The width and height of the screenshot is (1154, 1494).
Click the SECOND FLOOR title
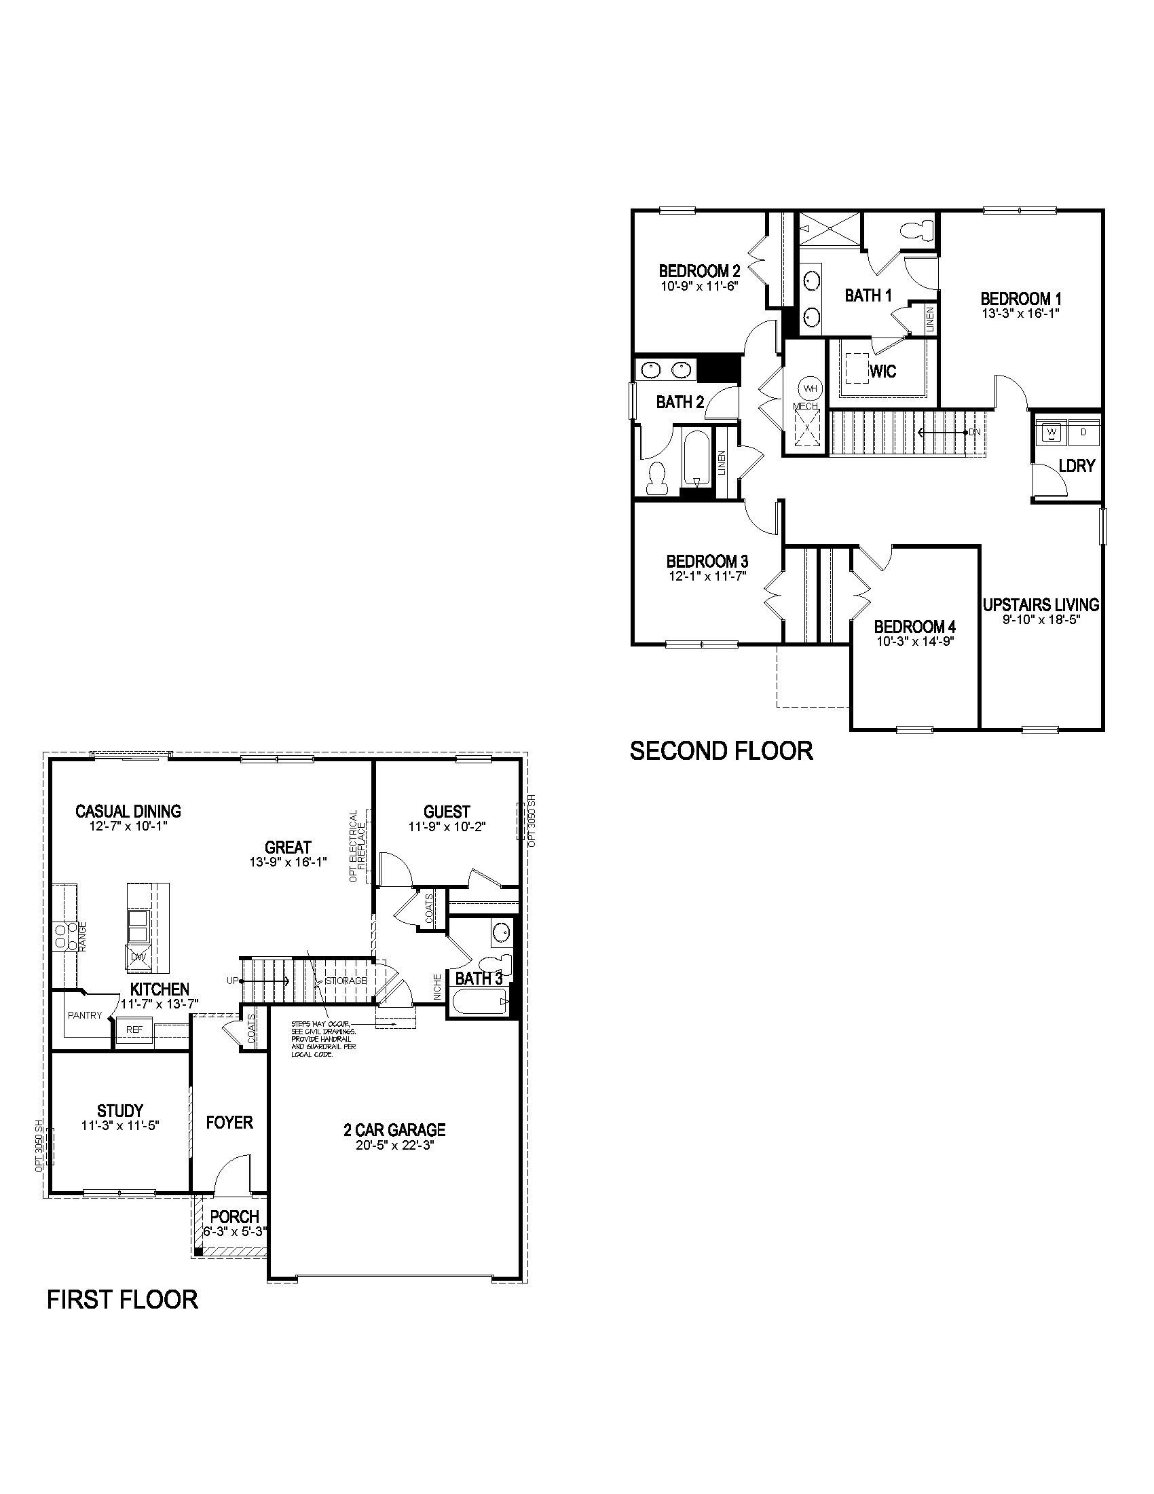pos(721,751)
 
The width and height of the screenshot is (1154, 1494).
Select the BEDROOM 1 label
pos(1021,299)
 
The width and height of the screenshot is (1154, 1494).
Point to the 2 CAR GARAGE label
pos(394,1129)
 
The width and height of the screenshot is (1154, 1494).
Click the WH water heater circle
pos(810,388)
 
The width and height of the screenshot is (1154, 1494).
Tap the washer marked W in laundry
pos(1051,433)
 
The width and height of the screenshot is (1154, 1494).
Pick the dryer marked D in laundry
pos(1083,433)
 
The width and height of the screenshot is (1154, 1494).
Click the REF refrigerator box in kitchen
pos(134,1029)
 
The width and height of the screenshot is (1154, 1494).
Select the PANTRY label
pos(85,1015)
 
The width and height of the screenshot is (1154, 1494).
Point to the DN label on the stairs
pos(975,433)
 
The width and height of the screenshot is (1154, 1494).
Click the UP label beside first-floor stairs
pos(232,980)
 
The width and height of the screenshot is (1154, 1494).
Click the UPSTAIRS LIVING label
pos(1041,604)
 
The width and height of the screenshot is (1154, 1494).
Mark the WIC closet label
pos(882,371)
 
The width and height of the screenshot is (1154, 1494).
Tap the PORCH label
pos(234,1217)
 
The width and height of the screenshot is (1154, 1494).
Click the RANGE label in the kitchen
pos(82,936)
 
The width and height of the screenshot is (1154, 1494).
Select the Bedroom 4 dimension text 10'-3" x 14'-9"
pos(915,641)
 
